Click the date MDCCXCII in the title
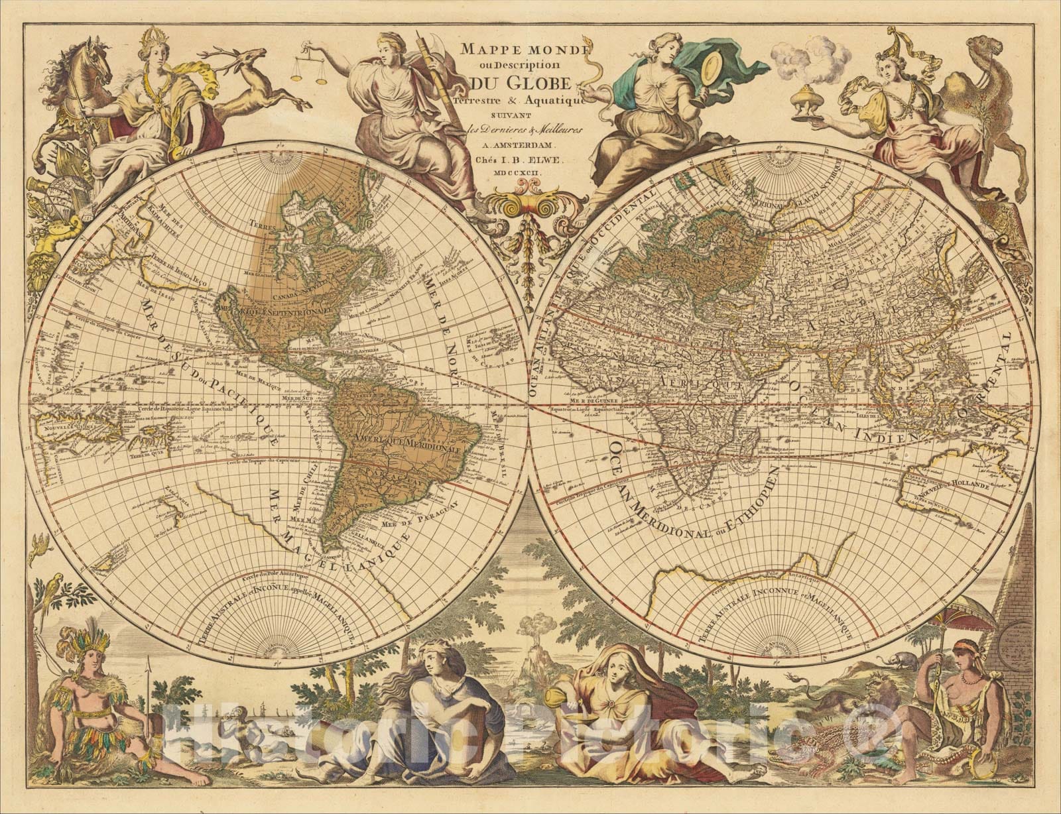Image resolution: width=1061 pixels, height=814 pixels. [524, 172]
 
